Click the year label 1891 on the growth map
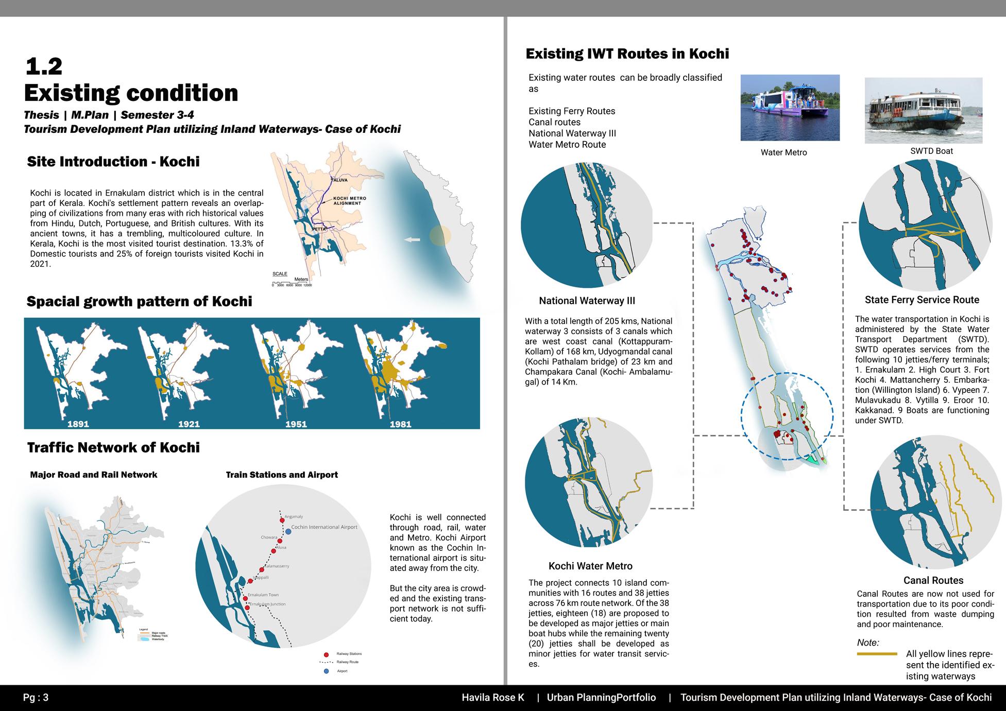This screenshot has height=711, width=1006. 78,424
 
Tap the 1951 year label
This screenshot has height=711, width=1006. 296,424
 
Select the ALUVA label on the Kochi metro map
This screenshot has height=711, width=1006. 339,180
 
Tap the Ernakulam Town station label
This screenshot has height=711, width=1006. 263,595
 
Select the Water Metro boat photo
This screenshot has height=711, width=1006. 790,108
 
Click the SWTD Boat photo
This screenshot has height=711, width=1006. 923,110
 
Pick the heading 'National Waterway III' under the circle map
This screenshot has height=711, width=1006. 587,301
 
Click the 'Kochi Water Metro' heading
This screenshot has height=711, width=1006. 590,566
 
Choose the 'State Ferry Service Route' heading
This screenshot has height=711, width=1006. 922,300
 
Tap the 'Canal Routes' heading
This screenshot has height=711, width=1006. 933,580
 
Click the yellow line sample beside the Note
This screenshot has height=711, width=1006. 877,654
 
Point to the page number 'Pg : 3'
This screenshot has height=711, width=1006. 36,698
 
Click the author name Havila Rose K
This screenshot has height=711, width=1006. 493,698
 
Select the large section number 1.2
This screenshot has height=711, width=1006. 44,66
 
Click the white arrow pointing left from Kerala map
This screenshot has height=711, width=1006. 412,239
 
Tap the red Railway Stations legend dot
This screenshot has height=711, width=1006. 326,654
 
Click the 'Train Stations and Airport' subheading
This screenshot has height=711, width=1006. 282,475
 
